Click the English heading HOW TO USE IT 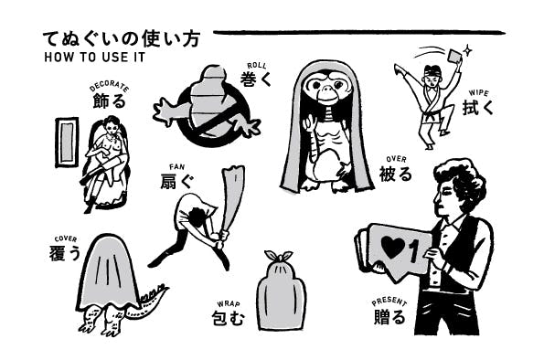(x=94, y=58)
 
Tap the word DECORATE (x=110, y=87)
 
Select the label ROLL (x=257, y=66)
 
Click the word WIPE (x=478, y=93)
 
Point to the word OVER (x=396, y=159)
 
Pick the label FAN (x=177, y=167)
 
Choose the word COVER (x=66, y=239)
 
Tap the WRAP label (x=229, y=304)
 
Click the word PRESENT (x=389, y=302)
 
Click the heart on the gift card (x=393, y=248)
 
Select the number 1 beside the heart (x=413, y=251)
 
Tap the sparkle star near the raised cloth (x=468, y=50)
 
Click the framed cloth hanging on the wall (x=67, y=143)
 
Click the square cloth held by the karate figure (x=454, y=56)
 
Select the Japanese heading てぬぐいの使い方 (x=122, y=39)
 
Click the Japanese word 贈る (x=389, y=317)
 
